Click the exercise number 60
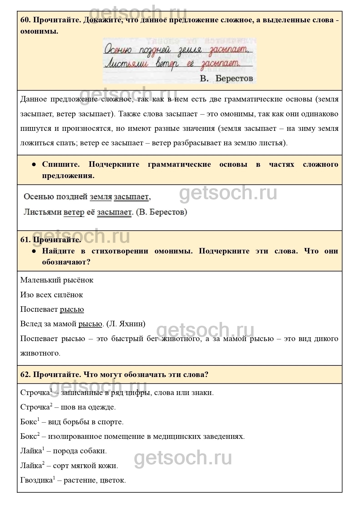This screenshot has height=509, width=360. click(25, 20)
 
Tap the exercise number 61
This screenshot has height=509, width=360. click(25, 240)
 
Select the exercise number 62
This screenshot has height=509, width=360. click(25, 374)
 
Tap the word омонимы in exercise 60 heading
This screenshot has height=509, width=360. click(39, 31)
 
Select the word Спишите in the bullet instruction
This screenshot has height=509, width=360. click(61, 164)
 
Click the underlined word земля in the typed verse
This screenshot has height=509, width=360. click(101, 197)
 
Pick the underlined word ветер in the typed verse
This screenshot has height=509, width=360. click(74, 212)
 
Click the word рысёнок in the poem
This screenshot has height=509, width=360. click(78, 280)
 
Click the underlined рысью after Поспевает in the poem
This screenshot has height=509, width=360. click(72, 309)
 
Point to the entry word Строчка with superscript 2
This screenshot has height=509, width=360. click(35, 407)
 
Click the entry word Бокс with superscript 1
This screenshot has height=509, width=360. click(28, 422)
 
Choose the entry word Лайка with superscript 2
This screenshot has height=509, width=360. click(31, 466)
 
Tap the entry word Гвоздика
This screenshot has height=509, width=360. click(36, 480)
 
